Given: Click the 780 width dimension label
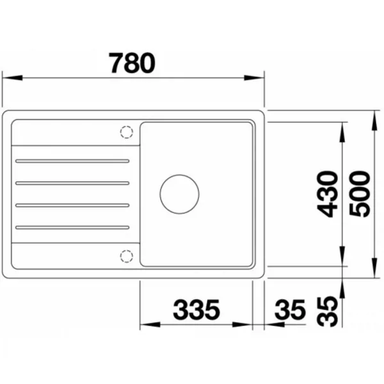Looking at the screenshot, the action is click(132, 63).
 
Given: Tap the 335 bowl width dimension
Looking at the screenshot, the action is click(196, 310).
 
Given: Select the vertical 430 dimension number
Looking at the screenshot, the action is click(328, 194).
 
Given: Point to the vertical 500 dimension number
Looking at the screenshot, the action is click(360, 194).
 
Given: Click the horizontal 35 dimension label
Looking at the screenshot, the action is click(290, 310).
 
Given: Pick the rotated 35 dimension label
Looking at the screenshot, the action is click(328, 312).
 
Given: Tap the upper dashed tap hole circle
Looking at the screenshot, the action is click(127, 132).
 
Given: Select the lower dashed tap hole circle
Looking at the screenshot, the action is click(127, 257).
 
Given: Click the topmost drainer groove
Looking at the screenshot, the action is click(72, 161).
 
